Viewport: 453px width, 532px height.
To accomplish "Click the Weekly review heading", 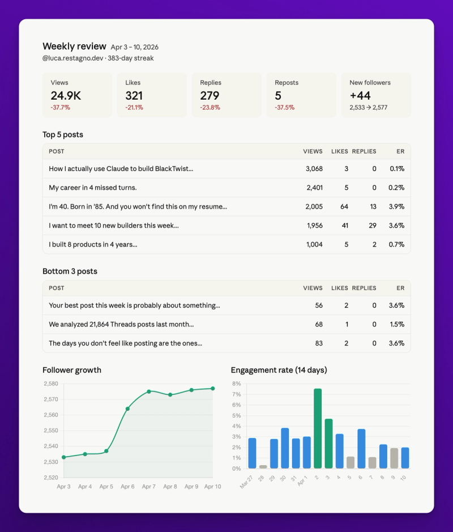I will click(74, 46).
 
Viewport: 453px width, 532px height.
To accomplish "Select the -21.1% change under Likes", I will click(134, 108).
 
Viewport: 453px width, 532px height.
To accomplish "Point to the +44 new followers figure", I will click(360, 96).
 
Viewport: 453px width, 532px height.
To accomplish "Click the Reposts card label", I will click(286, 83).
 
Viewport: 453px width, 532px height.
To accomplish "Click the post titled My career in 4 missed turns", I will click(93, 188).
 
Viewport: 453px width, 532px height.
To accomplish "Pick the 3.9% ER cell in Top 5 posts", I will click(396, 207).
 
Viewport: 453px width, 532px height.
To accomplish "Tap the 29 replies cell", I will click(372, 225).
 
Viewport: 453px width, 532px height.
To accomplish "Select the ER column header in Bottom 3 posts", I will click(400, 288).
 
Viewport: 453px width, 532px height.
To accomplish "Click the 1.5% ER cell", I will click(396, 325).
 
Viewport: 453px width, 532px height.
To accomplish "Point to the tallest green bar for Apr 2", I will click(318, 428).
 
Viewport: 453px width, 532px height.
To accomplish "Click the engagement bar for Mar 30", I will click(285, 448).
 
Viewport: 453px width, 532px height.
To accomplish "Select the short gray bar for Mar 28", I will click(263, 467).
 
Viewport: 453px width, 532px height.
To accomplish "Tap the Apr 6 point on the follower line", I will click(127, 408).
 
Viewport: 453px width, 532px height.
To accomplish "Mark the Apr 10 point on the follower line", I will click(213, 388).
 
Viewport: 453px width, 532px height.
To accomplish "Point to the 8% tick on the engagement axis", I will click(237, 384).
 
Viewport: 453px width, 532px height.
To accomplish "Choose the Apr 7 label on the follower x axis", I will click(149, 487).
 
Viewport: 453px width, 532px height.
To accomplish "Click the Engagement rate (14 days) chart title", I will click(279, 370).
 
